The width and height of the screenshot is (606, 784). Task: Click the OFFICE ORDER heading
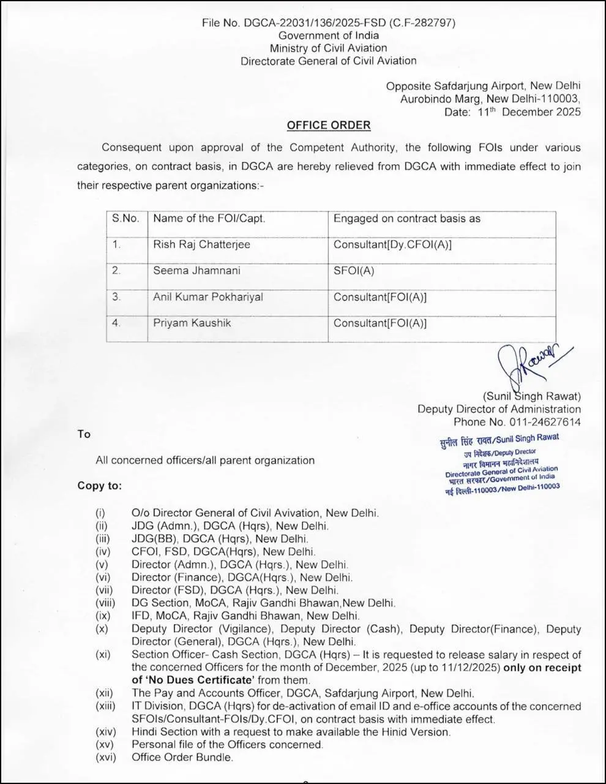(x=329, y=126)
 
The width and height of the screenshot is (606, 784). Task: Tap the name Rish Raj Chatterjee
(x=201, y=244)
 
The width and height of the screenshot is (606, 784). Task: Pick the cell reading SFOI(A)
(x=353, y=270)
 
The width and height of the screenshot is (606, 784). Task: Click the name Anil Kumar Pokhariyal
(x=208, y=297)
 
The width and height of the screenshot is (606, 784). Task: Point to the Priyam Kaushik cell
(x=192, y=323)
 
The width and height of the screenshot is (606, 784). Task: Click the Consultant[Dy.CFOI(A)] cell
(x=392, y=244)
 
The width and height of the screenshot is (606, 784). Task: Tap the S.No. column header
(x=125, y=219)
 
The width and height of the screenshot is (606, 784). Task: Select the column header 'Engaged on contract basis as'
(x=407, y=219)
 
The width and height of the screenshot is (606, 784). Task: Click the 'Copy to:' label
(x=99, y=486)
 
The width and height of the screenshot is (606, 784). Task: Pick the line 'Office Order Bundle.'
(x=182, y=757)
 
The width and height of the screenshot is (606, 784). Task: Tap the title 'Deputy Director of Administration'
(x=499, y=409)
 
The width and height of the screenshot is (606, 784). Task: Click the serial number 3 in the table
(x=116, y=297)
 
